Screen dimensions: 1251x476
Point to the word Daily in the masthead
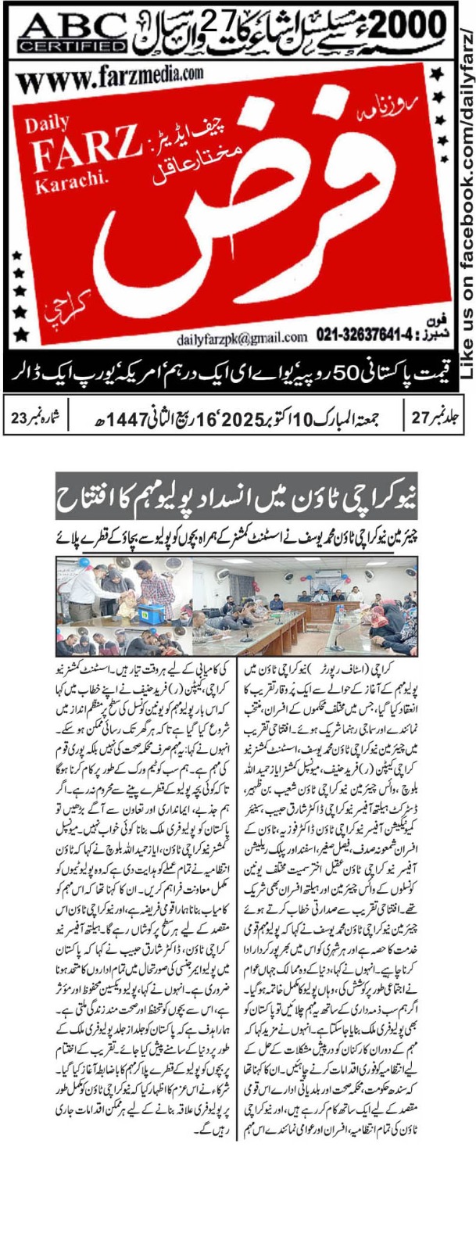(x=41, y=124)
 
